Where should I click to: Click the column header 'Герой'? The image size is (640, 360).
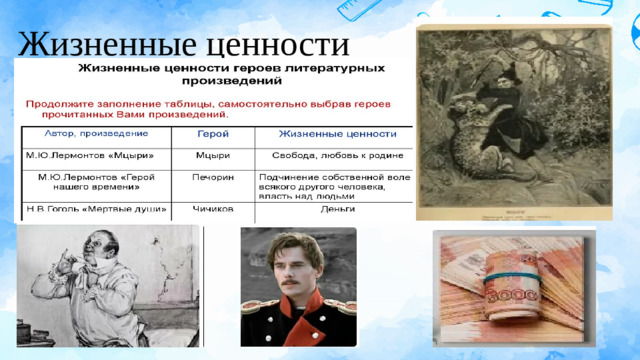tap(210, 134)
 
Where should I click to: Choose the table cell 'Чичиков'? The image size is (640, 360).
tap(213, 209)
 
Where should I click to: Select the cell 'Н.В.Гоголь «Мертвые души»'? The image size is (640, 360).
tap(95, 209)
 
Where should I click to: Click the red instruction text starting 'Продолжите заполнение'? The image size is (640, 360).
tap(205, 107)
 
